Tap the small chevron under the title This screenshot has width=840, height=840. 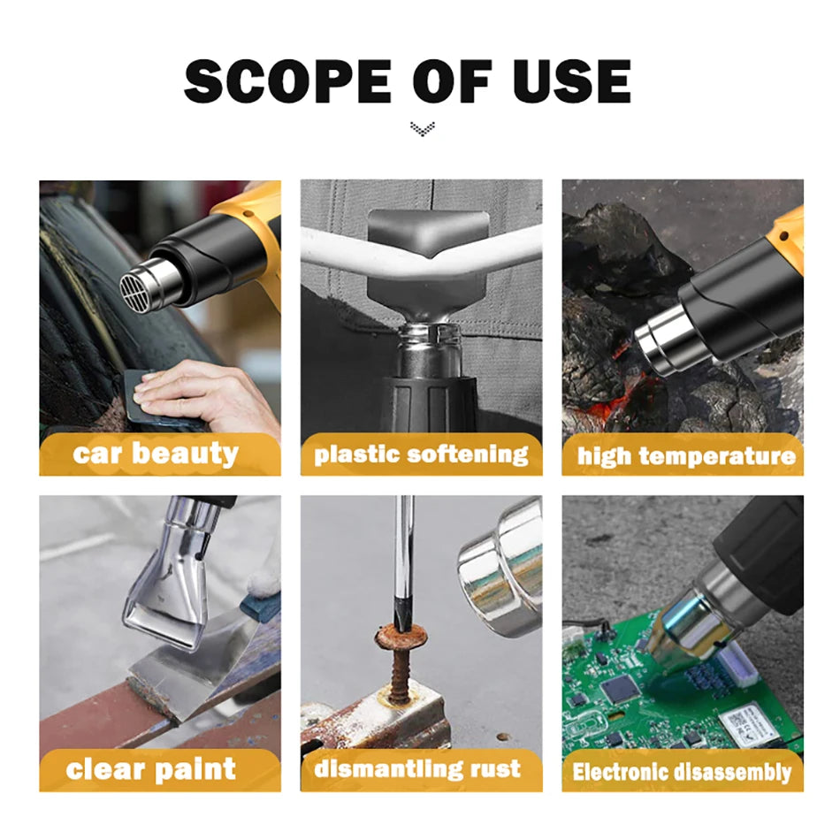[x=423, y=130]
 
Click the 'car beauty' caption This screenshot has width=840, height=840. [x=156, y=454]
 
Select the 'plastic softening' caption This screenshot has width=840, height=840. [x=421, y=454]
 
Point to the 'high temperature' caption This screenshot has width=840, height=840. [x=685, y=456]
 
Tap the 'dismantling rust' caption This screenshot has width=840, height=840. [x=417, y=768]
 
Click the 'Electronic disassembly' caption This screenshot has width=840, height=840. [x=681, y=772]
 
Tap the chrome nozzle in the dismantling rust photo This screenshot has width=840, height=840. [x=500, y=566]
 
